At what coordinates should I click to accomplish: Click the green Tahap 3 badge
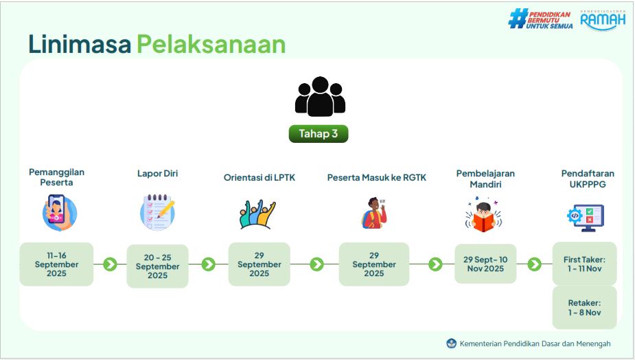pyautogui.click(x=319, y=134)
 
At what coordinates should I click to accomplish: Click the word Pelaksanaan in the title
pyautogui.click(x=211, y=44)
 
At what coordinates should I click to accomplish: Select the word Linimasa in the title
pyautogui.click(x=80, y=44)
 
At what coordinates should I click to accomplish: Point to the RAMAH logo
pyautogui.click(x=603, y=21)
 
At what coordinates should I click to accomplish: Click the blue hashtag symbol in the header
pyautogui.click(x=518, y=19)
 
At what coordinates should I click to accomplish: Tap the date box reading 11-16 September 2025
pyautogui.click(x=56, y=265)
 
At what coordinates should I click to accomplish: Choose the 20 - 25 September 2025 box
pyautogui.click(x=157, y=267)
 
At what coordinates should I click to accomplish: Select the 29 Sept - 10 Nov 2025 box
pyautogui.click(x=485, y=264)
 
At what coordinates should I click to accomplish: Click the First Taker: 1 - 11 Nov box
pyautogui.click(x=584, y=264)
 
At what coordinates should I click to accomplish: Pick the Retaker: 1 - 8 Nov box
pyautogui.click(x=584, y=308)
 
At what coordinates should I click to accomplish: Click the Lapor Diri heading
pyautogui.click(x=157, y=174)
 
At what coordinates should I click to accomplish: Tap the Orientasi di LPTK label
pyautogui.click(x=259, y=177)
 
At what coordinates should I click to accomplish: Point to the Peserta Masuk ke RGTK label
pyautogui.click(x=377, y=177)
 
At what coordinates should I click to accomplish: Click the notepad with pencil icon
pyautogui.click(x=157, y=212)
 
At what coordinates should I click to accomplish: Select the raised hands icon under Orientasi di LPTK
pyautogui.click(x=257, y=214)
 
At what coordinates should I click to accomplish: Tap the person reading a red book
pyautogui.click(x=483, y=215)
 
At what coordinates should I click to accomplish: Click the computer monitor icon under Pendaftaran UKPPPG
pyautogui.click(x=586, y=218)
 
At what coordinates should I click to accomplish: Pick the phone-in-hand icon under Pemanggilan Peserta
pyautogui.click(x=59, y=213)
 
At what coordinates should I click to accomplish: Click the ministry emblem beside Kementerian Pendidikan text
pyautogui.click(x=451, y=344)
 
